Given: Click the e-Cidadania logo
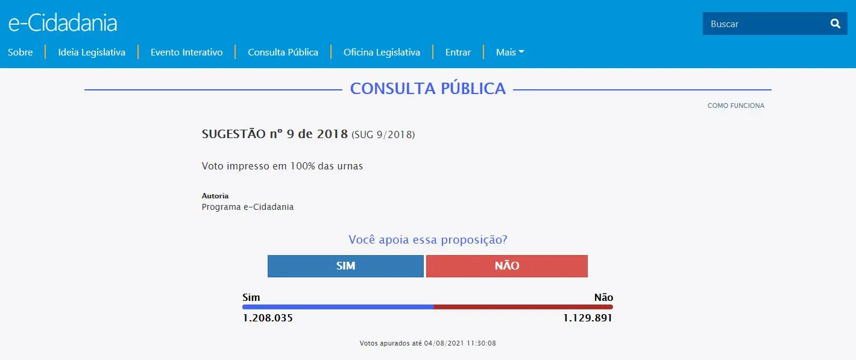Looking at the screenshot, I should point(63,23).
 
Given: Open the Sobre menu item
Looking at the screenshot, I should point(20,52).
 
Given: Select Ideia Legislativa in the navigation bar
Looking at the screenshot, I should point(92,52).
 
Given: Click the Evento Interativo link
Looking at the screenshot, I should point(186,52).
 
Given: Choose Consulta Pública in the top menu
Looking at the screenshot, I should point(283,52).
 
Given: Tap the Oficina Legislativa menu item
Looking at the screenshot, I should point(382,52).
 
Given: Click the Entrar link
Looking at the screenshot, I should point(458,52).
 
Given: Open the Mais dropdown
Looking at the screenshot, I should point(509,52).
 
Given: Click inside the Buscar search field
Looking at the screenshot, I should point(763,24).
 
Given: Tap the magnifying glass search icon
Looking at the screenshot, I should point(835,24).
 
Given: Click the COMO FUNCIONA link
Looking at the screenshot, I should point(735,106).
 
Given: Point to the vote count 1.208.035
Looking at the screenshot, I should point(268,318).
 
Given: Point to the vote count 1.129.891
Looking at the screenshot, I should point(588,318).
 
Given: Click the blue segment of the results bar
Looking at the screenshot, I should point(338,307).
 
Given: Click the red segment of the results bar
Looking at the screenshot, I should point(523,307).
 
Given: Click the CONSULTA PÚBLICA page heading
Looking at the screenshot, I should point(427,89).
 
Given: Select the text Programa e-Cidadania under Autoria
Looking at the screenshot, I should point(248,207).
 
